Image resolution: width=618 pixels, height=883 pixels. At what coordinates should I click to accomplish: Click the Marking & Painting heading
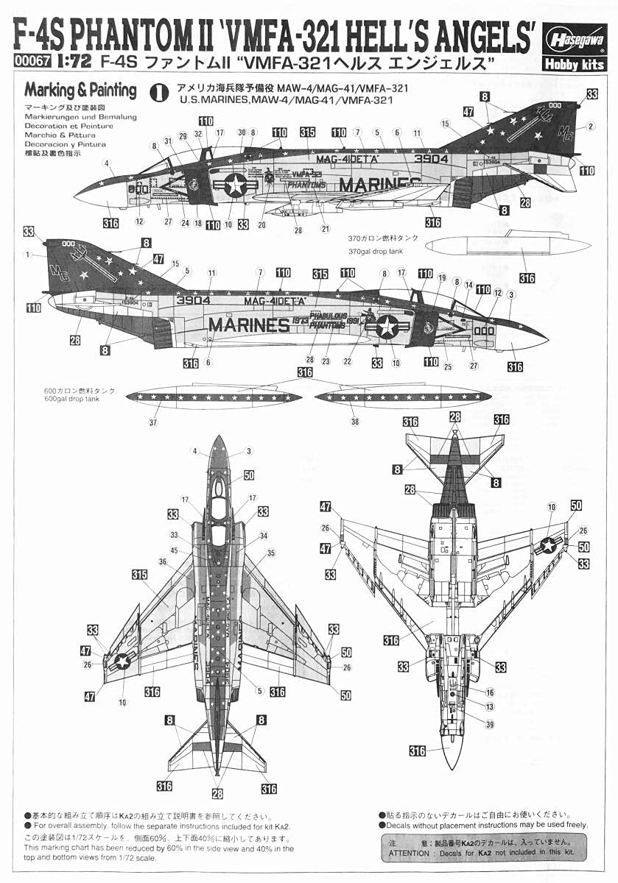tap(80, 91)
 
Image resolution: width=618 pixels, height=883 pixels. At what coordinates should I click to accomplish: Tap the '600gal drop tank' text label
tap(72, 399)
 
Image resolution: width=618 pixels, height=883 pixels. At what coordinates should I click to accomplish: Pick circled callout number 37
tap(153, 422)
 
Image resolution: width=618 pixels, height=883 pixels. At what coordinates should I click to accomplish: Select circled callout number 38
tap(355, 422)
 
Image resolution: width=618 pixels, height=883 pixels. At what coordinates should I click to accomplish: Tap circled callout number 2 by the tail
tap(590, 126)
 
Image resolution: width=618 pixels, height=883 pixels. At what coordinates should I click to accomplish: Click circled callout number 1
tap(27, 255)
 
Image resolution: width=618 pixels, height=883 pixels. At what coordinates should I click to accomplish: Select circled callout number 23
tap(325, 361)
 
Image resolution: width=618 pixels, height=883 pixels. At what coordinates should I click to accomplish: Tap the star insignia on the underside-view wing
tap(549, 545)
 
